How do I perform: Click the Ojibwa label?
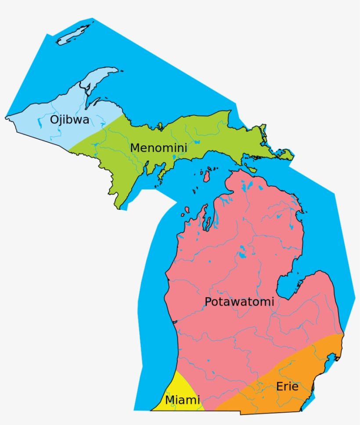(x=69, y=119)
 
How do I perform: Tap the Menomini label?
(x=158, y=148)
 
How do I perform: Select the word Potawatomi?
(x=239, y=302)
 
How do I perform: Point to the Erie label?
(x=287, y=386)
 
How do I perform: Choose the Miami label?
(x=182, y=400)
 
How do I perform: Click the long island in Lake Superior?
(x=74, y=35)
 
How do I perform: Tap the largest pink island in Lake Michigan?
(x=205, y=176)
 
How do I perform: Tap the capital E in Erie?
(x=280, y=386)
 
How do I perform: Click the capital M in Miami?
(x=169, y=400)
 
